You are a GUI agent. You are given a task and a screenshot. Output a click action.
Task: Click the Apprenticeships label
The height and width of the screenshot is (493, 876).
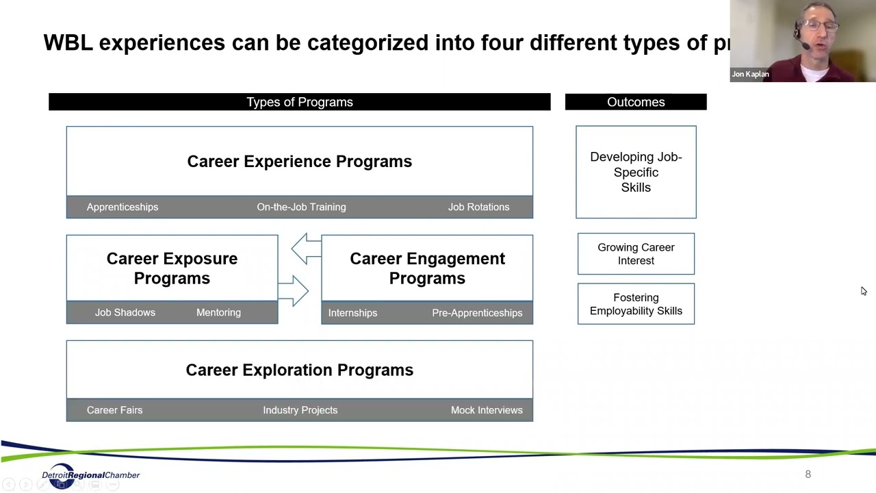pyautogui.click(x=123, y=207)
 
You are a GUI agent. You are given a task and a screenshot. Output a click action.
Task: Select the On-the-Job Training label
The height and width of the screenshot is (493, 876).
pyautogui.click(x=301, y=207)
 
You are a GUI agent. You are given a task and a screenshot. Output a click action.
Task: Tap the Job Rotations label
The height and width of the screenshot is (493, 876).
pyautogui.click(x=478, y=207)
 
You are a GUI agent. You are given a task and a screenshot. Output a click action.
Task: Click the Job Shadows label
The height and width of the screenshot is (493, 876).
pyautogui.click(x=125, y=312)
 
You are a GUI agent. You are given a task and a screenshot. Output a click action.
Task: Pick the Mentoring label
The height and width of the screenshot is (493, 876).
pyautogui.click(x=218, y=312)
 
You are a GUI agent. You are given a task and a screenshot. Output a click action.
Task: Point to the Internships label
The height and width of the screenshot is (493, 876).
pyautogui.click(x=352, y=313)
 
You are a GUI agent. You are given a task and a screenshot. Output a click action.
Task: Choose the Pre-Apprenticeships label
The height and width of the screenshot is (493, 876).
pyautogui.click(x=477, y=313)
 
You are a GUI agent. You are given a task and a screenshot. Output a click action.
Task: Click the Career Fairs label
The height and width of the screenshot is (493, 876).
pyautogui.click(x=115, y=410)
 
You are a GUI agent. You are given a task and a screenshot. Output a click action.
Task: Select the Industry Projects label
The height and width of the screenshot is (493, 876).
pyautogui.click(x=300, y=410)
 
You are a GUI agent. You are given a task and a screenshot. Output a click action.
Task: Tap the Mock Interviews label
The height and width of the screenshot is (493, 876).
pyautogui.click(x=487, y=410)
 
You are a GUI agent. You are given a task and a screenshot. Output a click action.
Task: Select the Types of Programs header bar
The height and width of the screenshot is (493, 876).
pyautogui.click(x=300, y=102)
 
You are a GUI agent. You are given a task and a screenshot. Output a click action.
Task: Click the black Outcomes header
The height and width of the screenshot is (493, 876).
pyautogui.click(x=636, y=102)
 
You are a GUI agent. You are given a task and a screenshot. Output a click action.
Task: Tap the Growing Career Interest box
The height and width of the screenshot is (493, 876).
pyautogui.click(x=636, y=254)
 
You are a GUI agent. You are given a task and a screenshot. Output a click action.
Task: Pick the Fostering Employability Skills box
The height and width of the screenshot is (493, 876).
pyautogui.click(x=636, y=304)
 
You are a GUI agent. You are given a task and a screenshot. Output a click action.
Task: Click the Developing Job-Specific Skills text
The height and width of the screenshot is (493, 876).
pyautogui.click(x=636, y=172)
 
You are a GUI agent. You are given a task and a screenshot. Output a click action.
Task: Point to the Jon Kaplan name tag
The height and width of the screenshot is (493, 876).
pyautogui.click(x=751, y=74)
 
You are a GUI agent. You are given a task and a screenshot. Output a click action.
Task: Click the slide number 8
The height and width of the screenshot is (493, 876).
pyautogui.click(x=808, y=474)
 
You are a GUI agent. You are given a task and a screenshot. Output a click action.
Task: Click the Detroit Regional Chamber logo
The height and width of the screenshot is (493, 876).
pyautogui.click(x=90, y=476)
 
